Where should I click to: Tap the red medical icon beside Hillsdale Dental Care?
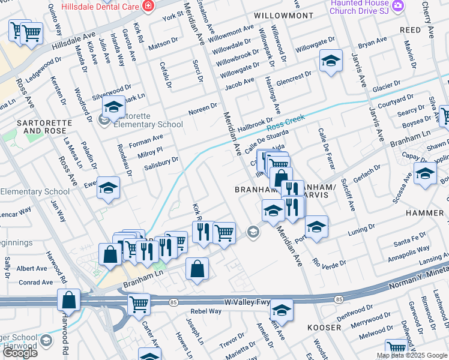tap(148, 6)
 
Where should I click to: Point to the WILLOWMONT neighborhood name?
tap(283, 15)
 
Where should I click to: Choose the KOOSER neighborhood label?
tap(324, 328)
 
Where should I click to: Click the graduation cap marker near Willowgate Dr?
tap(330, 61)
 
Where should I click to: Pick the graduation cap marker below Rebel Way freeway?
tap(281, 310)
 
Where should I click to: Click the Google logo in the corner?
tap(20, 353)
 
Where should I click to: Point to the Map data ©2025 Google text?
tap(412, 355)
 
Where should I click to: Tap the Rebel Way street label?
tap(206, 311)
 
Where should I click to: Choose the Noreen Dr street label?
tap(203, 107)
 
